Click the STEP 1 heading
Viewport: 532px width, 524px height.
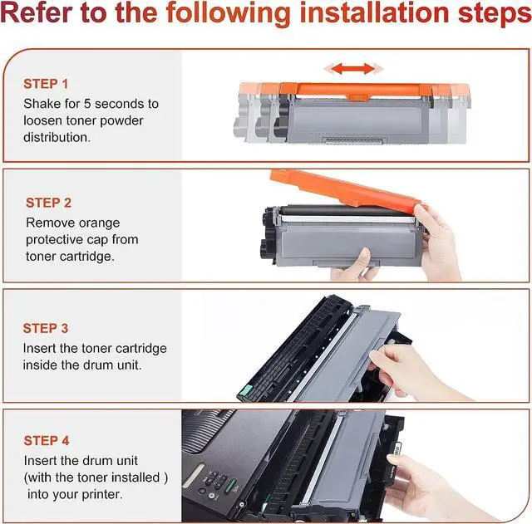click(x=46, y=84)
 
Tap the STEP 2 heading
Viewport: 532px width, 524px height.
click(x=48, y=203)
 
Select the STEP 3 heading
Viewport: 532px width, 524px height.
click(x=46, y=328)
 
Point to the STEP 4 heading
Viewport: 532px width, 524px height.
click(x=47, y=441)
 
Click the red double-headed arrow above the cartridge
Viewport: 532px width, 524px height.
click(x=353, y=68)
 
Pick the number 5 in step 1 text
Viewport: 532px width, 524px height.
click(x=87, y=104)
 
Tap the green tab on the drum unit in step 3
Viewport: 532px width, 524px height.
click(x=246, y=391)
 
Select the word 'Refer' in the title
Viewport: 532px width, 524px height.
click(x=36, y=13)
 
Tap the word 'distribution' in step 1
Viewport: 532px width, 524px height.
click(x=56, y=138)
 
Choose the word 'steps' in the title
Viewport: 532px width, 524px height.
click(x=495, y=13)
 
